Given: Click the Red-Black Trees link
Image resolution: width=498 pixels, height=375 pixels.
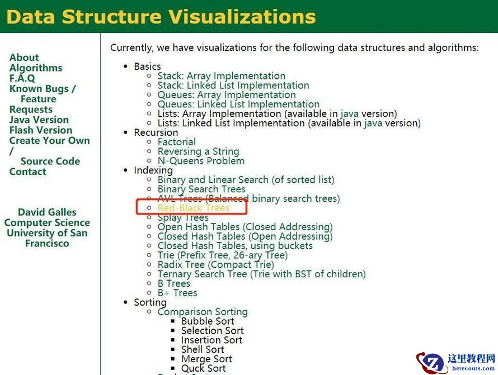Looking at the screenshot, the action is click(194, 208).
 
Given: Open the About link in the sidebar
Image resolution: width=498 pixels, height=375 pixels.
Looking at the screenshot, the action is click(24, 58).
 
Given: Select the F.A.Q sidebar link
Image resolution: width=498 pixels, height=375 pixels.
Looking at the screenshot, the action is click(22, 78).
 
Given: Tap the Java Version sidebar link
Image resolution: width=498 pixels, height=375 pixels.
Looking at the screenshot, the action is click(39, 120).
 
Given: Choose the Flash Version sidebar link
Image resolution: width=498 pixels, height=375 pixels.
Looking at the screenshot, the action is click(41, 130).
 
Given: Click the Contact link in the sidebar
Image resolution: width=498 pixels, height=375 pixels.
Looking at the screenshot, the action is click(27, 172).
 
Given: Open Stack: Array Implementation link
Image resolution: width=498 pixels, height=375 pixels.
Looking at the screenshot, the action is click(222, 76).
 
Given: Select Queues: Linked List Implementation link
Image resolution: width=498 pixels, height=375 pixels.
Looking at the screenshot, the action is click(238, 105).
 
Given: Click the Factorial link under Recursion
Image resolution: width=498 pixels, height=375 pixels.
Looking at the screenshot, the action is click(177, 142).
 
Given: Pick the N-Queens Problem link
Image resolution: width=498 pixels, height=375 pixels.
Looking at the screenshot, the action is click(201, 161).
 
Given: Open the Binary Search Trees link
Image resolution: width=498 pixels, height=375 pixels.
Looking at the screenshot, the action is click(201, 189).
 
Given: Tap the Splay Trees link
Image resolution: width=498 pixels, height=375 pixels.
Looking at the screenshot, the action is click(183, 217).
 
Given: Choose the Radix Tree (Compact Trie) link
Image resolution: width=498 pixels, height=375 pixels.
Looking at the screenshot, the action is click(215, 264).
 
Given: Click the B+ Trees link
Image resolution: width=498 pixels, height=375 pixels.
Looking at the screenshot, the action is click(177, 293).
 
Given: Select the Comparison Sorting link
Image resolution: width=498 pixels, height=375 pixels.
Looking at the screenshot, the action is click(203, 312).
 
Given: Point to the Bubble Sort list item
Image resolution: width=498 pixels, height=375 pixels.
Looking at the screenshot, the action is click(208, 321).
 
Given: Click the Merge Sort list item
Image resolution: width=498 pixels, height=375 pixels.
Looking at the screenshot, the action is click(206, 359).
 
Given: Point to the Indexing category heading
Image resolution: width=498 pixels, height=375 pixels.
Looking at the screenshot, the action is click(153, 170).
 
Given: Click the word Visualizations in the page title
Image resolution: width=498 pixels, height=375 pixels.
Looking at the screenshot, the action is click(242, 17).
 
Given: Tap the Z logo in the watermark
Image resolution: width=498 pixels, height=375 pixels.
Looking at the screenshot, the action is click(431, 363).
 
